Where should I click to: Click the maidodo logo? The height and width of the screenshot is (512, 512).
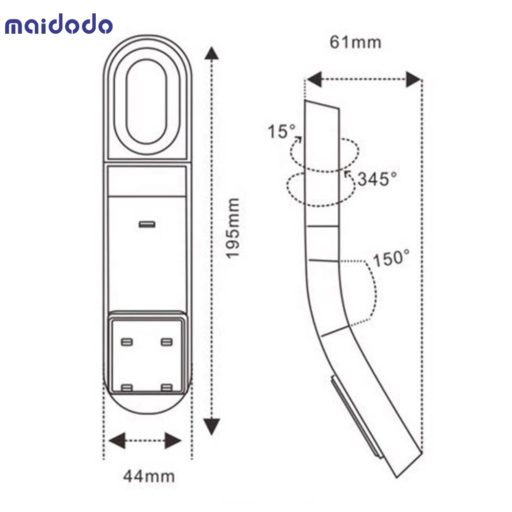(x=59, y=24)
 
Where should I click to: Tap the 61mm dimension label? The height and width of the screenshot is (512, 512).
(x=355, y=42)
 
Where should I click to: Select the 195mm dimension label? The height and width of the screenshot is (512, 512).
(x=233, y=228)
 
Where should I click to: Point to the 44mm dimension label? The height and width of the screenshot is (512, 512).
(x=149, y=476)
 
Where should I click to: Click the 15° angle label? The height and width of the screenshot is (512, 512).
(x=281, y=132)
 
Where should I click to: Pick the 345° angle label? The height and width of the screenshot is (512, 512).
(x=377, y=179)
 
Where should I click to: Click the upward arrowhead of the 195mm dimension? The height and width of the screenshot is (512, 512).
(x=211, y=53)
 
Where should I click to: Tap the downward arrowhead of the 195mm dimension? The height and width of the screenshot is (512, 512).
(x=211, y=426)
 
